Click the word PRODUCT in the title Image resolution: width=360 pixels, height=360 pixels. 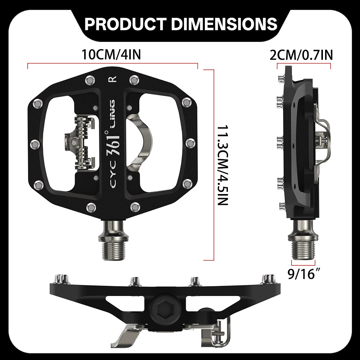click(125, 24)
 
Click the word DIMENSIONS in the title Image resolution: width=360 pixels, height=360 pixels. click(224, 24)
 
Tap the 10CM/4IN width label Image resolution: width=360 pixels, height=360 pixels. click(111, 55)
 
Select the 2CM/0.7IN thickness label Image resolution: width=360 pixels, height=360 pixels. click(301, 55)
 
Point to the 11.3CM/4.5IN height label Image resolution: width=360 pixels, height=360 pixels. click(223, 165)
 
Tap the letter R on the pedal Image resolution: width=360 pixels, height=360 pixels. click(112, 80)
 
